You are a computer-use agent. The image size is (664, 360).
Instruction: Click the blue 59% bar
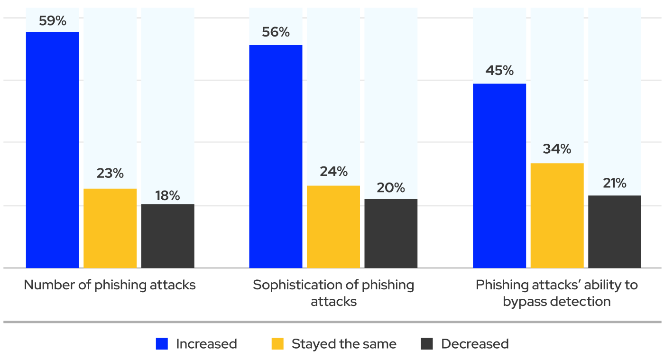tap(52, 150)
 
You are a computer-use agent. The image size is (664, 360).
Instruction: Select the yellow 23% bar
tap(110, 228)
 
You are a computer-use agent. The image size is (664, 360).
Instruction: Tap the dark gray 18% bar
tap(168, 236)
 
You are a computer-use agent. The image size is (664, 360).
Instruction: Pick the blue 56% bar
tap(276, 157)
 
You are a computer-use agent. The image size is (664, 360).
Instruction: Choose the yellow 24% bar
tap(333, 227)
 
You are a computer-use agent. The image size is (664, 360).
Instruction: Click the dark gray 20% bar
tap(391, 233)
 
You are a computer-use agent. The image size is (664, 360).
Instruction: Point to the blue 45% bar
tap(499, 175)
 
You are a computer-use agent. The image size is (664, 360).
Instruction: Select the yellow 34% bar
tap(557, 215)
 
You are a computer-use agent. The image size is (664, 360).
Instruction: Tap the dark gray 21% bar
tap(615, 231)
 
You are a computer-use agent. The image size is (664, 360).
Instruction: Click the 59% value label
tap(52, 21)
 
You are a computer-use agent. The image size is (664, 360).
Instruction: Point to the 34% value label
tap(557, 149)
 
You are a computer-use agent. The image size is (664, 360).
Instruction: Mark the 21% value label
tap(615, 183)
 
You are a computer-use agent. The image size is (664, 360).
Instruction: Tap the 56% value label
tap(276, 32)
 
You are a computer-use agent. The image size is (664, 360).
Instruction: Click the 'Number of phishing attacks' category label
tap(110, 285)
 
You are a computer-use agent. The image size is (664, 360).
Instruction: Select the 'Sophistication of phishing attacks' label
tap(333, 293)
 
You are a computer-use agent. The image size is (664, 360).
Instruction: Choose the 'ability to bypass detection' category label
tap(557, 293)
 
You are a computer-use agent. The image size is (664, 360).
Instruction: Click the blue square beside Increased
tap(162, 344)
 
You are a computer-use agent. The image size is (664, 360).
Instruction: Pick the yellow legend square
tap(277, 344)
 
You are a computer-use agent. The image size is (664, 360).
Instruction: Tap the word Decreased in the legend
tap(475, 344)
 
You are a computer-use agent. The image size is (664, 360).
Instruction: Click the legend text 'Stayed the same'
tap(344, 344)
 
